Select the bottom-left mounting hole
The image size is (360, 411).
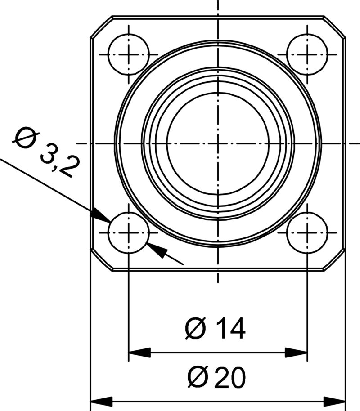pos(129,233)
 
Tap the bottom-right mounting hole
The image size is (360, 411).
pos(307,233)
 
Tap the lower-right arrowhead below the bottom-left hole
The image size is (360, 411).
pos(157,250)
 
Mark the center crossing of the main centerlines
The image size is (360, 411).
pos(218,143)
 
